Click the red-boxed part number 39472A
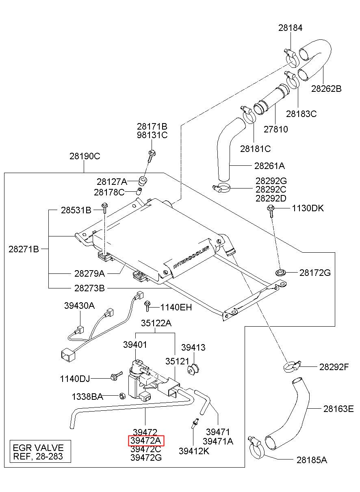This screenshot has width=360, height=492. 146,440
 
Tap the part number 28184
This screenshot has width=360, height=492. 291,28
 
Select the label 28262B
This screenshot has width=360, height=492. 326,89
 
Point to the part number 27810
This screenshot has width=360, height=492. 275,129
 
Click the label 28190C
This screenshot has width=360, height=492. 85,156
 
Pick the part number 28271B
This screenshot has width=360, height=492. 24,249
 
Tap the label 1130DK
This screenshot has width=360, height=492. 308,208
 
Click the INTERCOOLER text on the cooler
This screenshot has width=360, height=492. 191,258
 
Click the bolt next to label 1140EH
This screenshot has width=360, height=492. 147,306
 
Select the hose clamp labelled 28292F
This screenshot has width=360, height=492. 292,366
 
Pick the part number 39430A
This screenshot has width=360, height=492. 79,306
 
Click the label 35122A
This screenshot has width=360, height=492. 156,323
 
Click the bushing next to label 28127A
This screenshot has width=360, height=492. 143,180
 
